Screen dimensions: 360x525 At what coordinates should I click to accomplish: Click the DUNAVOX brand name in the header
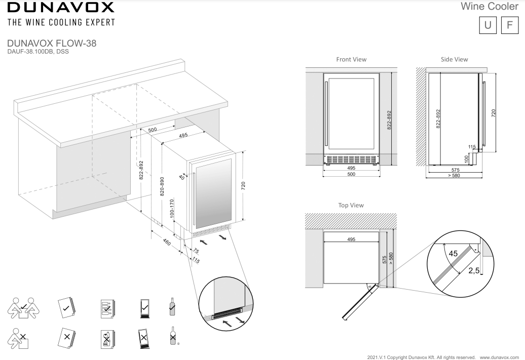(x=60, y=8)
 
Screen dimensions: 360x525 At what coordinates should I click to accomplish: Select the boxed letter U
(x=487, y=25)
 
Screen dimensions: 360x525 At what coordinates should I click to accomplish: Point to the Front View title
(x=351, y=59)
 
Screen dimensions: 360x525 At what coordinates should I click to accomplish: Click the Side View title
(x=454, y=59)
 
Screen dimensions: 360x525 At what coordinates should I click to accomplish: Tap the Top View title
(x=351, y=205)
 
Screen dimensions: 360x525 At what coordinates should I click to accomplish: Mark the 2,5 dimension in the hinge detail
(x=474, y=271)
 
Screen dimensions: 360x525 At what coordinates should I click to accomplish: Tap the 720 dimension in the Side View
(x=494, y=113)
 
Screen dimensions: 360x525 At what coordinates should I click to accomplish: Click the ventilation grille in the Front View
(x=351, y=159)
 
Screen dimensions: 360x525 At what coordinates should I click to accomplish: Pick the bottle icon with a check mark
(x=172, y=306)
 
